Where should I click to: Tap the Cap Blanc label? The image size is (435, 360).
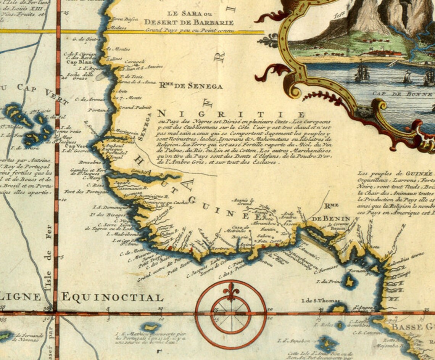point(77,62)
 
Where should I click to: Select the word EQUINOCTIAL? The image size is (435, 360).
point(113,297)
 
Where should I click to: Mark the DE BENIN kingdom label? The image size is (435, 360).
point(331,219)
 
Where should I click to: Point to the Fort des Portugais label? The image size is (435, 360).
point(85,191)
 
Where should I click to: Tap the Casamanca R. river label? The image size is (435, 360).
point(132,188)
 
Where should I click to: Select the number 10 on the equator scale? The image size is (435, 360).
point(161,309)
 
